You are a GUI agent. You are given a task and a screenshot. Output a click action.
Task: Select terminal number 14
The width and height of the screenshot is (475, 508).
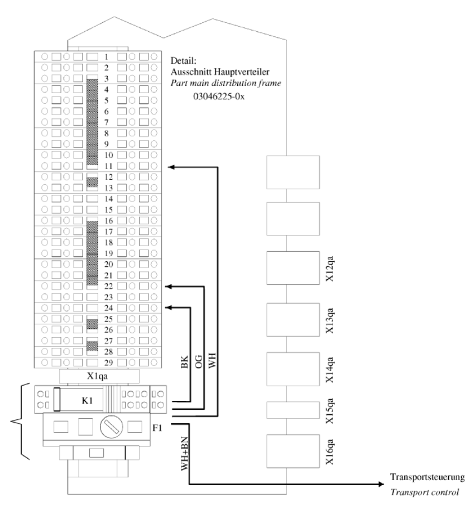pos(108,199)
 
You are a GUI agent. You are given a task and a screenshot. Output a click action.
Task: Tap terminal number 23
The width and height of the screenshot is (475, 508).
pos(108,297)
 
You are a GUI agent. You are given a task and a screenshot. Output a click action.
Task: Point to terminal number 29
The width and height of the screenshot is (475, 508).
pos(108,362)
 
